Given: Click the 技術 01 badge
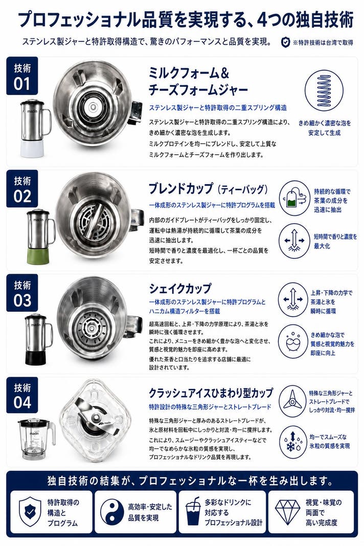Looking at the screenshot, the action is (22, 76).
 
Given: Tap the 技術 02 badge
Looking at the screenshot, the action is (22, 189).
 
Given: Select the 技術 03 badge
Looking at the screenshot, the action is (22, 293).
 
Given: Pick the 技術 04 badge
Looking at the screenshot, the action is (22, 395).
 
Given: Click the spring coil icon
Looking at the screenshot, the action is (324, 90).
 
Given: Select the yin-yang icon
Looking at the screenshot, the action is (112, 512).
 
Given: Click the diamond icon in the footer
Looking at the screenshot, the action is (287, 512).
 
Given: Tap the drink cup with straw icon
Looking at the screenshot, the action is (193, 512).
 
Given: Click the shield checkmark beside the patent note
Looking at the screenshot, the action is (285, 42).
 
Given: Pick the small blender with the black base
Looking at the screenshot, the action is (38, 339).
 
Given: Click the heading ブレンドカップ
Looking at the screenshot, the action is (180, 189).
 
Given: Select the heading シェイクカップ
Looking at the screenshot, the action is (180, 288).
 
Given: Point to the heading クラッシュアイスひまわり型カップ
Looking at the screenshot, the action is (211, 393).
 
